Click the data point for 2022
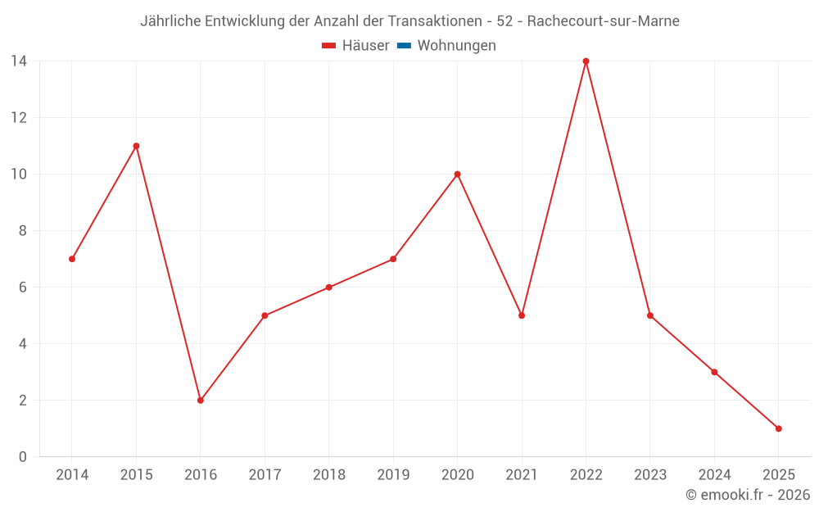586,61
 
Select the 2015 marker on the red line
136,146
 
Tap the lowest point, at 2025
778,428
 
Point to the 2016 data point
200,401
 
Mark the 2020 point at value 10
457,174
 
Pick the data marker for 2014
72,259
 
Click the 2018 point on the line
328,288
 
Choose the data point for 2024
714,372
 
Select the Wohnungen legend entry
456,46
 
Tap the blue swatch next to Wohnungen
404,46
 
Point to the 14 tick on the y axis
19,61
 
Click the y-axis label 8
23,231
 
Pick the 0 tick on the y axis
23,457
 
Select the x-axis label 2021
522,475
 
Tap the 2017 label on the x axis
265,475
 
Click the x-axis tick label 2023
650,475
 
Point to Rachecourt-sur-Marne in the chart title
603,21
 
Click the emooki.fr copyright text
748,495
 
